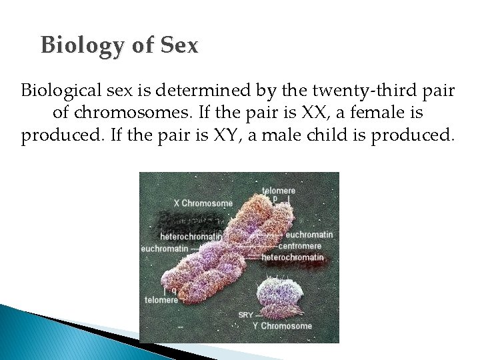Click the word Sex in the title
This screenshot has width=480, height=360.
(x=179, y=45)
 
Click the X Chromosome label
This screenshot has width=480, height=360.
(x=203, y=203)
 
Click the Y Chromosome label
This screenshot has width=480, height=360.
(x=282, y=326)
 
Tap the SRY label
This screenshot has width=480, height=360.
(x=245, y=315)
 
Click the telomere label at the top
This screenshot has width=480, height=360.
(x=279, y=190)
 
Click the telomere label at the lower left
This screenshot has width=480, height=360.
(x=161, y=300)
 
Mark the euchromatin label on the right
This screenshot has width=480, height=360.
(x=309, y=235)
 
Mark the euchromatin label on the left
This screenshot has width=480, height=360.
(x=164, y=249)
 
